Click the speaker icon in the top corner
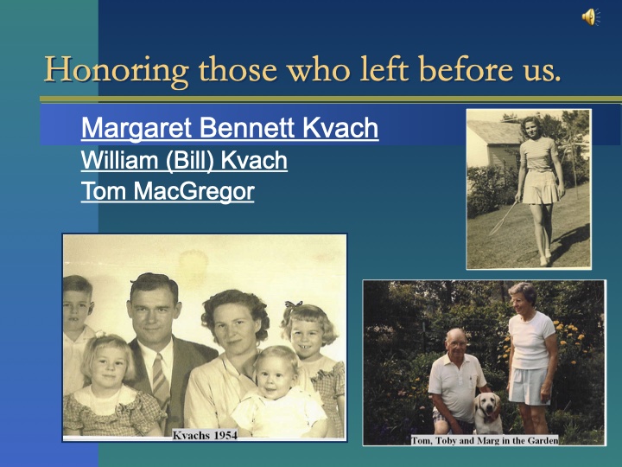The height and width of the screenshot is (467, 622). tap(589, 16)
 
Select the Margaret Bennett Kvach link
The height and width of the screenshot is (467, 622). tap(229, 129)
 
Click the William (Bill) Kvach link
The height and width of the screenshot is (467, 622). tap(184, 161)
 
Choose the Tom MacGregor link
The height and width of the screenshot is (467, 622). tap(168, 192)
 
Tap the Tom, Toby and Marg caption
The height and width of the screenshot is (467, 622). tap(484, 440)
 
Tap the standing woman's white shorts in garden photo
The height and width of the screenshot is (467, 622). tap(529, 385)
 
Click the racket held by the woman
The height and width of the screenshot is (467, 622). tap(504, 219)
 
